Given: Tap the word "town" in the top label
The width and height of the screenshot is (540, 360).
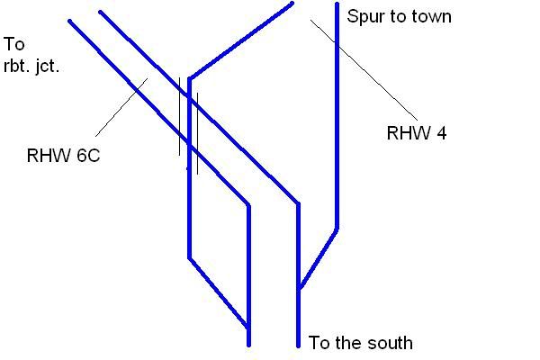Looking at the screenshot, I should (x=430, y=16).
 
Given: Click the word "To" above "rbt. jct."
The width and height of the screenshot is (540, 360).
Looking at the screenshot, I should (x=14, y=43).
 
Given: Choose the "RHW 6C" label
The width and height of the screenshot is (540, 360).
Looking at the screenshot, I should (x=63, y=156).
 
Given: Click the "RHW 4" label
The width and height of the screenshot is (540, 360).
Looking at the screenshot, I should (x=417, y=134).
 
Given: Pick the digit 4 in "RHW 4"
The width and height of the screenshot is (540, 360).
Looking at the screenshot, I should (x=441, y=134).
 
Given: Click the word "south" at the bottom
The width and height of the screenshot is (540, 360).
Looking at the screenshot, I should (x=388, y=343).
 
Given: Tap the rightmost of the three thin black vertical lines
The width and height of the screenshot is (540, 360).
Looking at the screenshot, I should (x=197, y=130).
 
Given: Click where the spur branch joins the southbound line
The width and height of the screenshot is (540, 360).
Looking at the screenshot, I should (x=298, y=290).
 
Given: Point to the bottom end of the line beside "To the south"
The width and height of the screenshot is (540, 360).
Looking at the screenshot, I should (x=298, y=346).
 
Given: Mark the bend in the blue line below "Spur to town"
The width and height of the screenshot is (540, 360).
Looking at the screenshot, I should (x=337, y=228).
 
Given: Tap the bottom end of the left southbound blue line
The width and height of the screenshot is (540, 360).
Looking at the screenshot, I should (x=248, y=345).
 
